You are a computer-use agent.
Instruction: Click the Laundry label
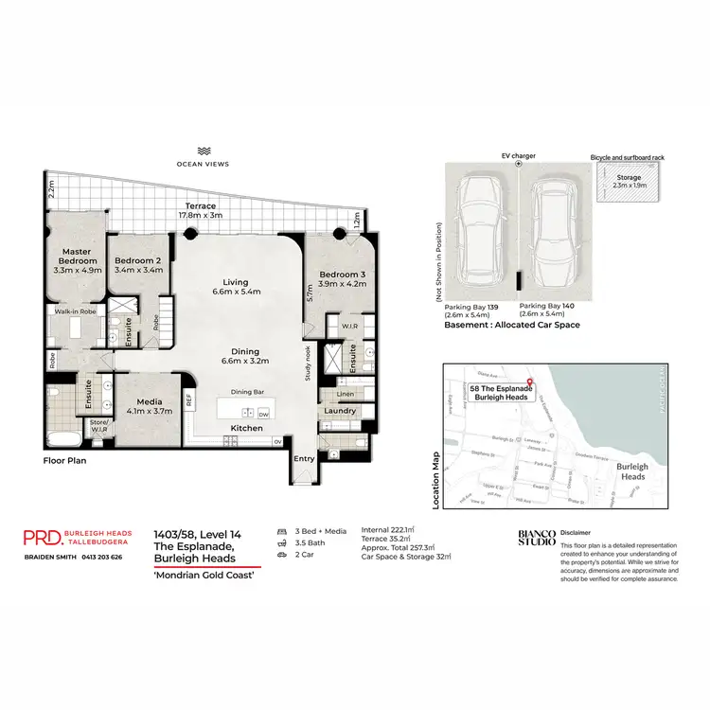tap(338, 411)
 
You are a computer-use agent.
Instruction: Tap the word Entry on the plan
tap(304, 459)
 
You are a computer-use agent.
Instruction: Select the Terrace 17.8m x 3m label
tap(201, 210)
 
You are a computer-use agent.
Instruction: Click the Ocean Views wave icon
tap(203, 151)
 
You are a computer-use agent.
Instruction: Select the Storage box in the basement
tap(630, 183)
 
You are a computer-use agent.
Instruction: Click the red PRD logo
tap(43, 538)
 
